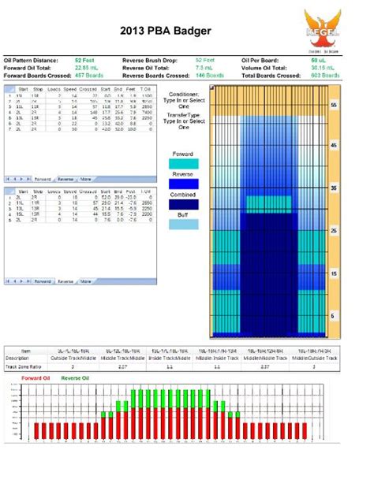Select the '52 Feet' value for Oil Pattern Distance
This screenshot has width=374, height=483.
(x=85, y=60)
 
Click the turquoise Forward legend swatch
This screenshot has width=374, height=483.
(x=183, y=163)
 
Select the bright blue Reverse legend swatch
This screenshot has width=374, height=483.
(x=183, y=184)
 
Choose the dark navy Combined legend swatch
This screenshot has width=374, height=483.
(x=183, y=204)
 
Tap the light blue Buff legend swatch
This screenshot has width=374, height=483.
(x=183, y=225)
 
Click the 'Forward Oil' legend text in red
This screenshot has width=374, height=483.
(x=36, y=378)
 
